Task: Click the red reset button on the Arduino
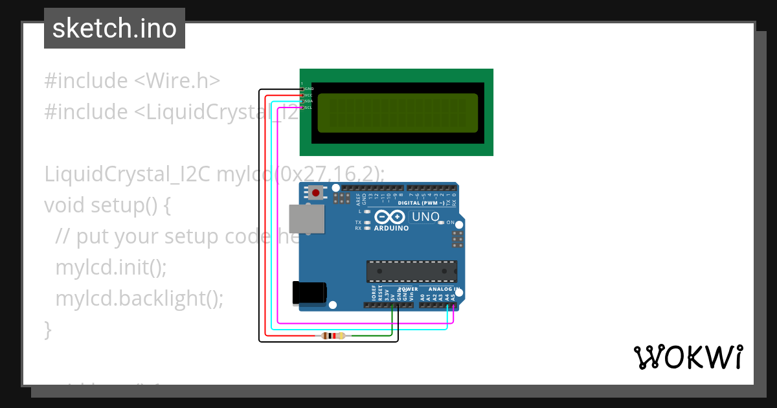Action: pyautogui.click(x=317, y=192)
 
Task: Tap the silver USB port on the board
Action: pyautogui.click(x=307, y=219)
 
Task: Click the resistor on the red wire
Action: pyautogui.click(x=333, y=335)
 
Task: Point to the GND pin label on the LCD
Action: pyautogui.click(x=309, y=89)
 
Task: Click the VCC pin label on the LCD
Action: pyautogui.click(x=309, y=95)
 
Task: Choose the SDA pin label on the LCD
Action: pyautogui.click(x=309, y=101)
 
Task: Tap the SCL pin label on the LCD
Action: pyautogui.click(x=309, y=108)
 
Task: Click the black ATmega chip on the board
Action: pyautogui.click(x=412, y=271)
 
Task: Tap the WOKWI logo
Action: pyautogui.click(x=688, y=357)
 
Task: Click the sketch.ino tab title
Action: pyautogui.click(x=115, y=28)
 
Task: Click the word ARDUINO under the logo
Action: pyautogui.click(x=391, y=229)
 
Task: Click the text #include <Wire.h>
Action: pyautogui.click(x=132, y=81)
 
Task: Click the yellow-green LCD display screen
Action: pyautogui.click(x=398, y=112)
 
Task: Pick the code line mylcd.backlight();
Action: pyautogui.click(x=139, y=298)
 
